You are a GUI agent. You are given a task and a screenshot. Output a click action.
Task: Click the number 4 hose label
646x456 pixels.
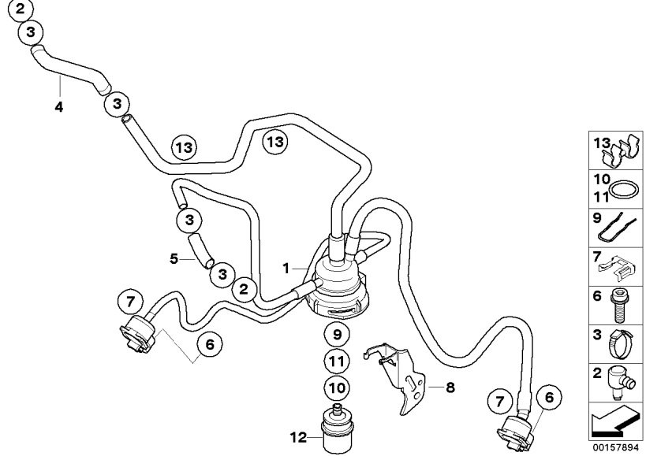[x=58, y=106]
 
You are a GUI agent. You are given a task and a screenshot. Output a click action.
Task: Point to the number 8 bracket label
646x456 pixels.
[x=450, y=387]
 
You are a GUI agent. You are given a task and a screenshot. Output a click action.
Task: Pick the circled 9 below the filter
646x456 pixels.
[x=337, y=335]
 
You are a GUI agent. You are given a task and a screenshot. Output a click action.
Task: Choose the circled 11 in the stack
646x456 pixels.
[x=337, y=361]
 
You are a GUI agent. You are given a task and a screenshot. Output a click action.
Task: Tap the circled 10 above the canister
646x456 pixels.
[x=337, y=387]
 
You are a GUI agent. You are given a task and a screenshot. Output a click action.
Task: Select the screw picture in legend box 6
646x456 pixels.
[x=620, y=303]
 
